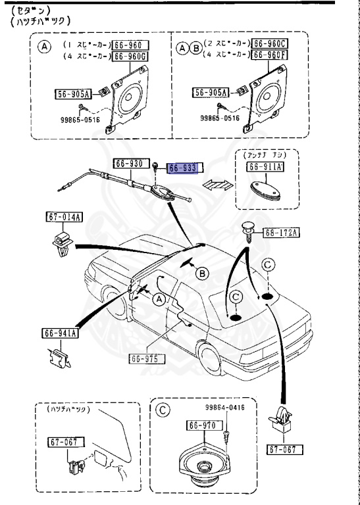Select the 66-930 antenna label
[x=128, y=162]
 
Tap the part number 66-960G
[x=130, y=57]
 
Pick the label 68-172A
[x=282, y=232]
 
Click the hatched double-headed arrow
[x=217, y=185]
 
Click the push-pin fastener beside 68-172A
[x=248, y=231]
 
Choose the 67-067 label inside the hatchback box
[x=63, y=443]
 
